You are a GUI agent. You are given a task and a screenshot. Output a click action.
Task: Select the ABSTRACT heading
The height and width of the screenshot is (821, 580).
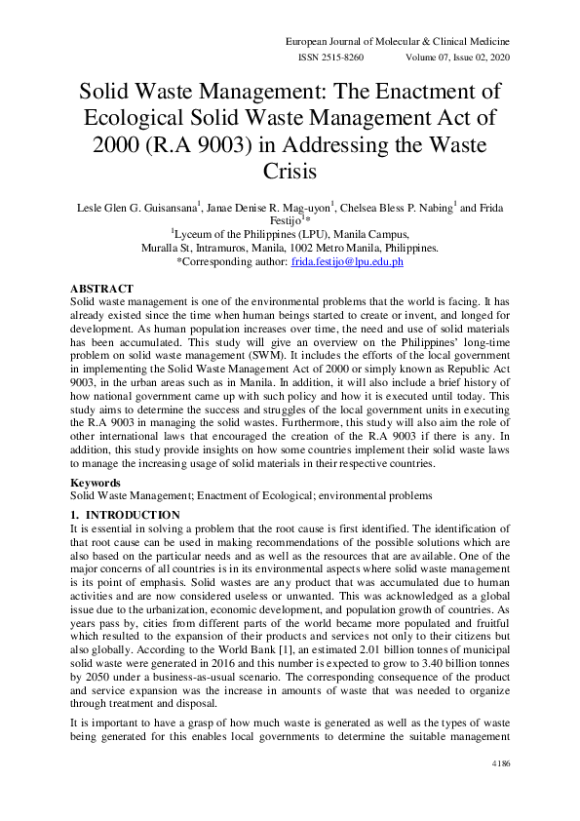click(102, 289)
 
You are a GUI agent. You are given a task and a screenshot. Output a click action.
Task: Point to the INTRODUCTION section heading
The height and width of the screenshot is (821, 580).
click(125, 514)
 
